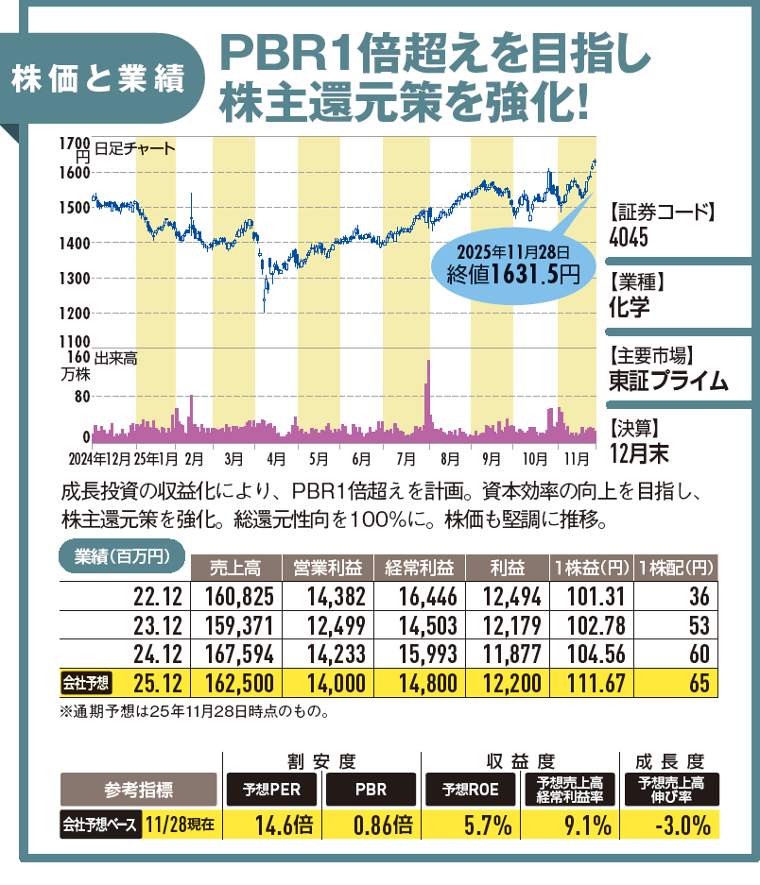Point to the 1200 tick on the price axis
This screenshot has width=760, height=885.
tap(74, 313)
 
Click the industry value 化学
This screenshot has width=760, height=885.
tap(630, 308)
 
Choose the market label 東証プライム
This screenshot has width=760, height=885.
tap(668, 381)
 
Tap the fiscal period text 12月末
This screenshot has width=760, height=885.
tap(639, 452)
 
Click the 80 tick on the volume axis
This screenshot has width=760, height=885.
tap(81, 397)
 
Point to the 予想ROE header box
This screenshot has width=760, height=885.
tap(466, 787)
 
